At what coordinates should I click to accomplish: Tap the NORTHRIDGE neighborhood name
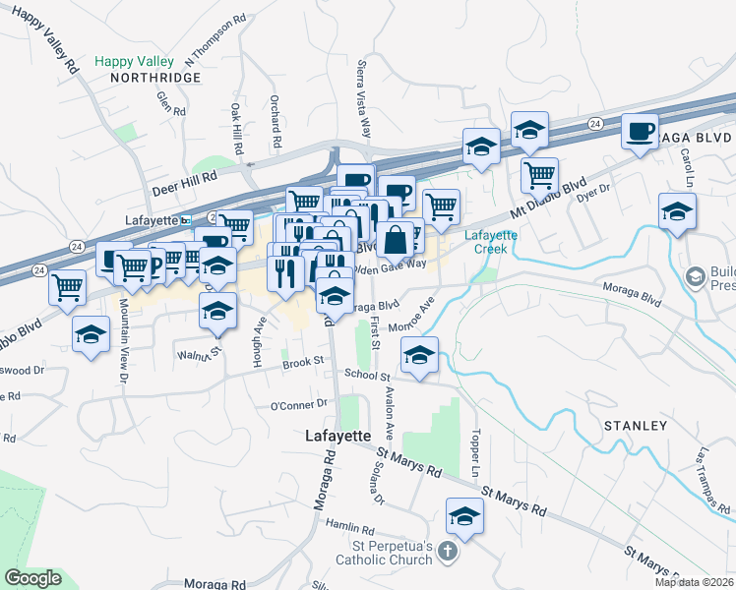tap(154, 77)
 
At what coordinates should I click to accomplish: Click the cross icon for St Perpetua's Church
tap(449, 551)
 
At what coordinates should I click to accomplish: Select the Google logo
tap(32, 578)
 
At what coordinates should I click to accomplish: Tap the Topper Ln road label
tap(475, 451)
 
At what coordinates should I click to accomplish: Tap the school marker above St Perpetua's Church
tap(464, 514)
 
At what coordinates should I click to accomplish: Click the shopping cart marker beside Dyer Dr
tap(539, 175)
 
